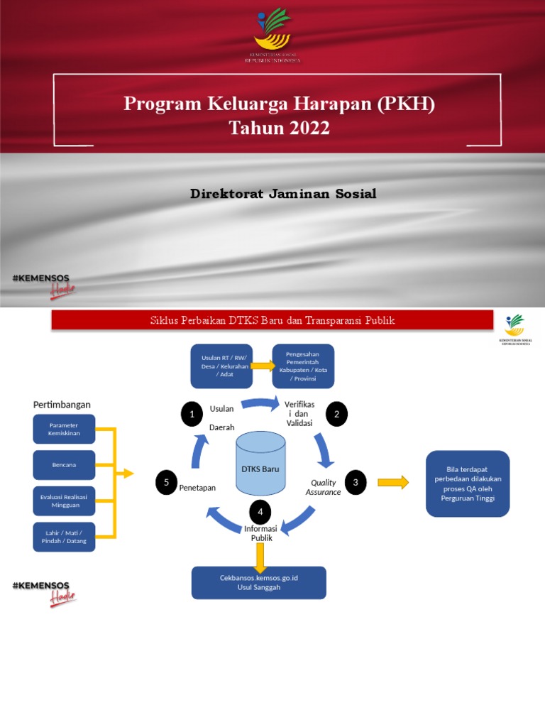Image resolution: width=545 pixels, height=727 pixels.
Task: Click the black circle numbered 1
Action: tap(192, 414)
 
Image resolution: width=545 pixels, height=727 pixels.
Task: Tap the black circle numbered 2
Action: tap(336, 414)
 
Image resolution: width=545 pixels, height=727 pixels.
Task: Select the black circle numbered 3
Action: tap(355, 483)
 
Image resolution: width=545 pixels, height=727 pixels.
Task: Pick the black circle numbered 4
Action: tap(260, 512)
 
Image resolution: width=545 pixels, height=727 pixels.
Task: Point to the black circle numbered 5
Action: tap(166, 483)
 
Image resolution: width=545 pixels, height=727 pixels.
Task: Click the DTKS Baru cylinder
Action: tap(260, 465)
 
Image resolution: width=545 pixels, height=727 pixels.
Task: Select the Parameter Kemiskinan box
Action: tap(64, 429)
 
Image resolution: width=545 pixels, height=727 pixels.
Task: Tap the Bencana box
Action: tap(64, 465)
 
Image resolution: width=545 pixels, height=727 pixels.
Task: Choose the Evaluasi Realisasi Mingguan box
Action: tap(64, 501)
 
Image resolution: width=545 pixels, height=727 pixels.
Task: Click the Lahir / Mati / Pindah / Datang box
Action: tap(64, 537)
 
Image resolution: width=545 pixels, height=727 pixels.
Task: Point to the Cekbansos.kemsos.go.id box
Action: tap(258, 582)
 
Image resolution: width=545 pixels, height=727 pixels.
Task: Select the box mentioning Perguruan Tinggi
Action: tap(468, 483)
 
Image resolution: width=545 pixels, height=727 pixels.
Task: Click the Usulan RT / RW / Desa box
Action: tap(221, 366)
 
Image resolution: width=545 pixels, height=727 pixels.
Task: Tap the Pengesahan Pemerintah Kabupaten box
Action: tap(304, 366)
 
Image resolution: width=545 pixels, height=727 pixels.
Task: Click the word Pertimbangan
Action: tap(62, 405)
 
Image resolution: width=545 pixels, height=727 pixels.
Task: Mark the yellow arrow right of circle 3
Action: tap(393, 483)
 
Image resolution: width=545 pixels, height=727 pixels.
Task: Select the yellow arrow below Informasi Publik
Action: tap(260, 554)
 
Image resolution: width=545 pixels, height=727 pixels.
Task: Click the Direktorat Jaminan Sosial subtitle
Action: tap(283, 194)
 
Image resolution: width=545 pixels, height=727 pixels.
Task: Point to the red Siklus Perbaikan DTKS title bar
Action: tap(272, 320)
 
